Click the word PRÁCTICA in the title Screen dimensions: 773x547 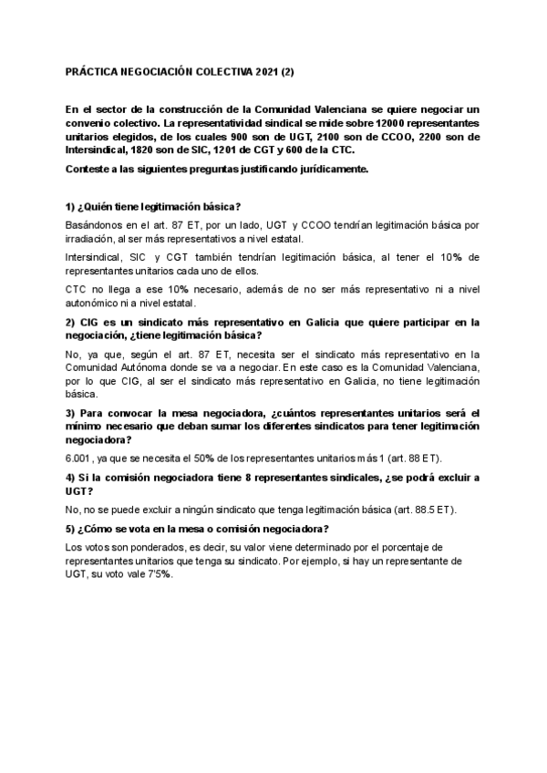pyautogui.click(x=93, y=72)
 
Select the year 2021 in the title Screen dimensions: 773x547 pyautogui.click(x=270, y=72)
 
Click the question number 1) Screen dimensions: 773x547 pyautogui.click(x=72, y=206)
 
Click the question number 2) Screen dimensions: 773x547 pyautogui.click(x=72, y=323)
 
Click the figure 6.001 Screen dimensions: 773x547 pyautogui.click(x=82, y=457)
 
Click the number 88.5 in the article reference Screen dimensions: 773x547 pyautogui.click(x=429, y=509)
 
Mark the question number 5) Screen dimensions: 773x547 pyautogui.click(x=72, y=529)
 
